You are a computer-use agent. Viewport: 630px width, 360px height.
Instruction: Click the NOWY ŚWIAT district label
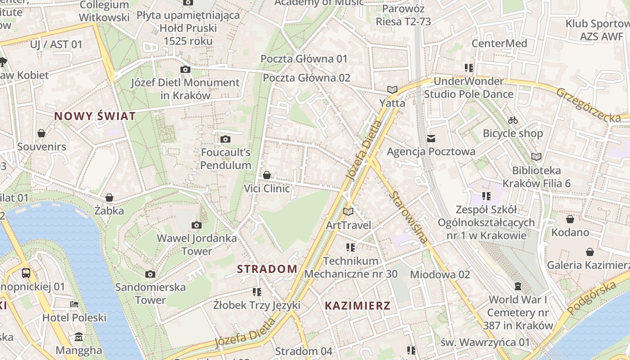click(x=94, y=116)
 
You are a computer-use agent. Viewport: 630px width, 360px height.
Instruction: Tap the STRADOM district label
click(x=267, y=269)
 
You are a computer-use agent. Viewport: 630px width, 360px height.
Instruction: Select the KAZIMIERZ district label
click(x=357, y=306)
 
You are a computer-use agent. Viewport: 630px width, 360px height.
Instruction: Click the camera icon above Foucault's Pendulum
click(x=225, y=139)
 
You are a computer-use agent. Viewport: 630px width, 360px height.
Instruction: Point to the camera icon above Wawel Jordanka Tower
click(x=197, y=225)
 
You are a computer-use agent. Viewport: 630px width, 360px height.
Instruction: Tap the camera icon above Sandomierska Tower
click(x=150, y=274)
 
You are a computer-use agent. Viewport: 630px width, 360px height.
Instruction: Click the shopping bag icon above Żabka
click(x=109, y=197)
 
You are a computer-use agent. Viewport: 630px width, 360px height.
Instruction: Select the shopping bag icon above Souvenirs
click(x=41, y=133)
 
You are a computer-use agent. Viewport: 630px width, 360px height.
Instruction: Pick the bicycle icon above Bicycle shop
click(x=513, y=120)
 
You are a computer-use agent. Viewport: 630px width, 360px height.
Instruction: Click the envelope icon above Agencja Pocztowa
click(x=431, y=138)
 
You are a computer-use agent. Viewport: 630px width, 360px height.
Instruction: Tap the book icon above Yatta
click(x=392, y=90)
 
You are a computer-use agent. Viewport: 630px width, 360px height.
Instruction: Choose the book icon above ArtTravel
click(x=348, y=211)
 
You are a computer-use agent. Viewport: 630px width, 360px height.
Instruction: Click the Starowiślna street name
click(x=409, y=217)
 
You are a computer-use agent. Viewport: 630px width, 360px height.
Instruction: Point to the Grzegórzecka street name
click(x=588, y=105)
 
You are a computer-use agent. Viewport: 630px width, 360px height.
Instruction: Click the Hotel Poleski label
click(x=74, y=318)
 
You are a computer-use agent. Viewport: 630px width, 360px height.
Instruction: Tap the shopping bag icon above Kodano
click(x=570, y=219)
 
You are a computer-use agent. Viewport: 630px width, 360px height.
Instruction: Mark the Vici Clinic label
click(x=267, y=188)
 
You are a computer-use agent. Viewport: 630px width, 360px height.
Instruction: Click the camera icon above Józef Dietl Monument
click(x=185, y=69)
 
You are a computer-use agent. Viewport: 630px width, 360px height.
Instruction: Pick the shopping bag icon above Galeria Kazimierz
click(x=589, y=252)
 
